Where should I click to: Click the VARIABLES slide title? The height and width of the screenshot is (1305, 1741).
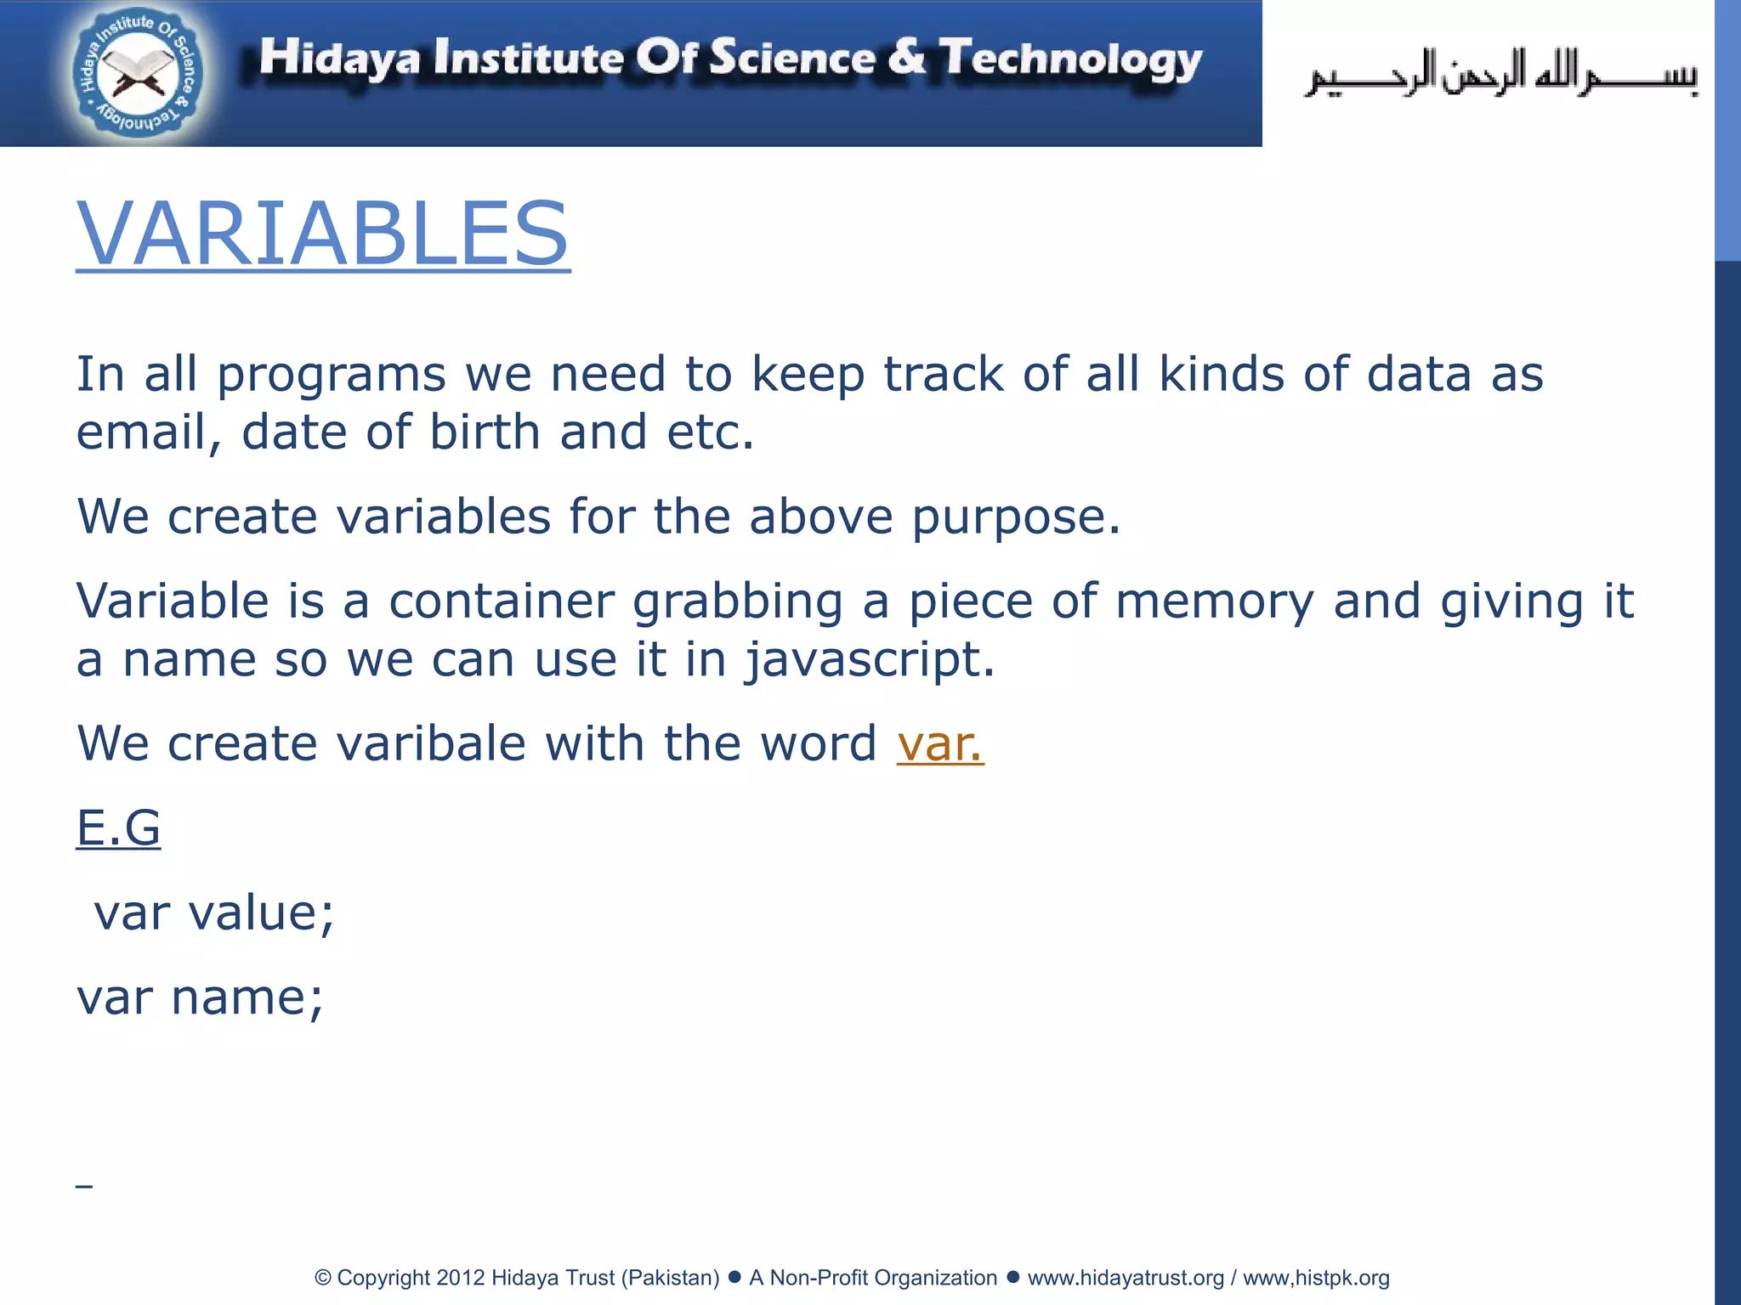323,233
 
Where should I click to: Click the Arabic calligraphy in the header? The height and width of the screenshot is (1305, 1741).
1501,75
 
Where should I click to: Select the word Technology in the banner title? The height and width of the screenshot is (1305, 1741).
1070,59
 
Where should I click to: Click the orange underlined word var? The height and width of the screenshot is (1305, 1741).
940,743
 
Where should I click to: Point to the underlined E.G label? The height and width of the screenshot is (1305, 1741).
118,828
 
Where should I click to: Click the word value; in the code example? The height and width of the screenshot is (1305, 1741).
262,912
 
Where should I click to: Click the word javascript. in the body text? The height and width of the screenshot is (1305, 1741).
870,659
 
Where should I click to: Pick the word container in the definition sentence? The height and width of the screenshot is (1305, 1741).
502,602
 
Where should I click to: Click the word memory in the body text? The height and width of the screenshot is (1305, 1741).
1214,602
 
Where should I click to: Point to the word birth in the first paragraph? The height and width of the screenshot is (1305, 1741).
485,432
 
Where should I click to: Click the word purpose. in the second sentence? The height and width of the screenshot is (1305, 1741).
1016,517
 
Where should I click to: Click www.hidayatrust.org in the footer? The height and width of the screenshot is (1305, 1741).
1126,1278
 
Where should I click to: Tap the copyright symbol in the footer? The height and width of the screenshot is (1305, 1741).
323,1278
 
